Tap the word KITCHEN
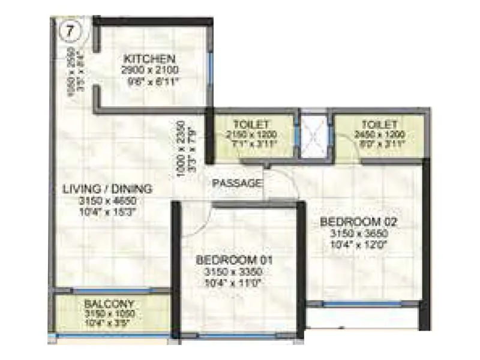coord(149,59)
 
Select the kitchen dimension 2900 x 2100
coord(149,70)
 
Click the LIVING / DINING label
coord(107,189)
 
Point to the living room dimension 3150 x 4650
coord(107,200)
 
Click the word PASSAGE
coord(238,183)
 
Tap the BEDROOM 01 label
coord(235,260)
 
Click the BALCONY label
coord(109,304)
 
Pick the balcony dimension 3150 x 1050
coord(109,314)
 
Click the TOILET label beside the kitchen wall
coord(252,124)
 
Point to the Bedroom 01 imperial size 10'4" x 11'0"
coord(235,282)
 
